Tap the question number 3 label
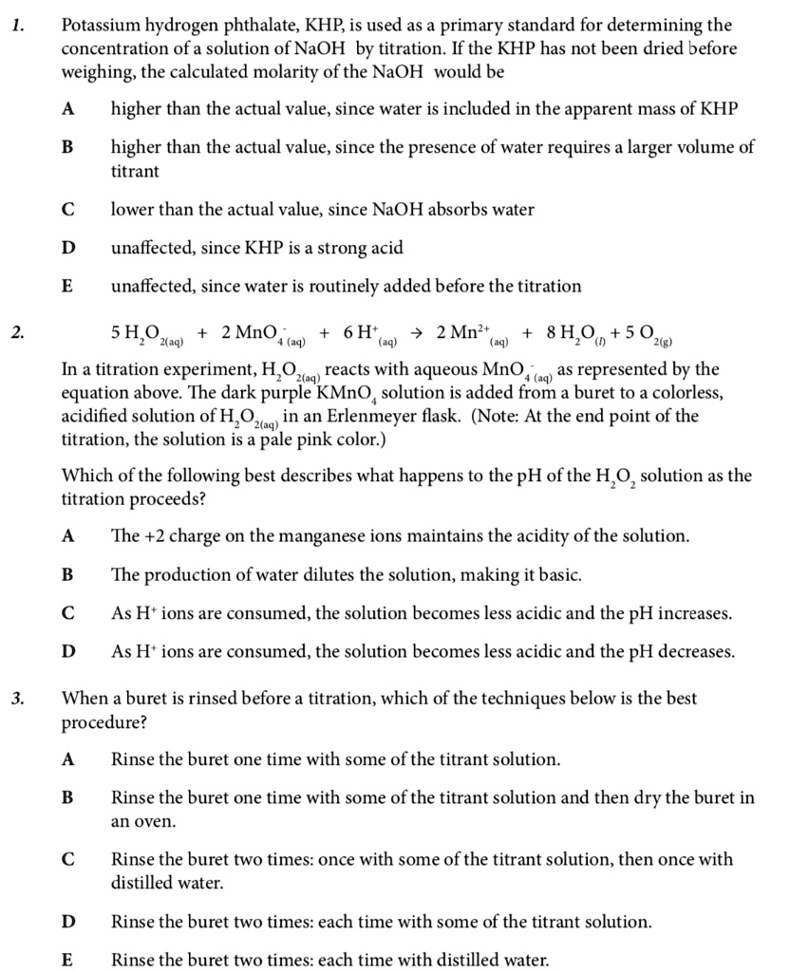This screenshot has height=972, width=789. (x=18, y=700)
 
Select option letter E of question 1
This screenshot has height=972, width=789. (x=67, y=286)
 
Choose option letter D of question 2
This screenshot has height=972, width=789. (x=67, y=651)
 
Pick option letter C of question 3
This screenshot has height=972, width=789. (x=67, y=859)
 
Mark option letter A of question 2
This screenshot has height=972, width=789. (x=67, y=535)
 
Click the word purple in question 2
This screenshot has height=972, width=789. (x=269, y=393)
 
